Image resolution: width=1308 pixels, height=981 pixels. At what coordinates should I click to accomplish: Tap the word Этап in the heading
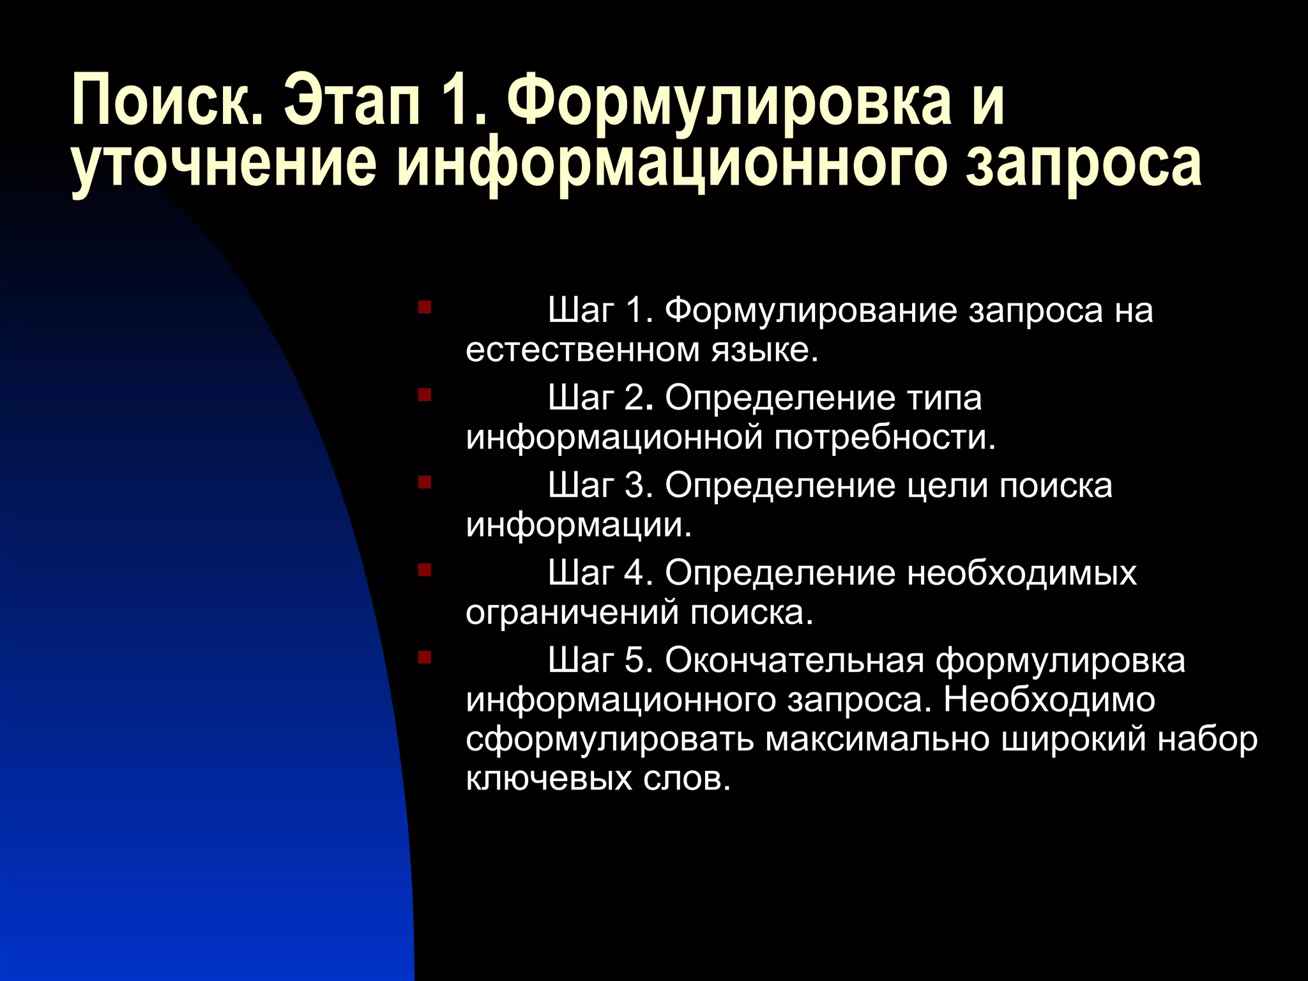coord(351,100)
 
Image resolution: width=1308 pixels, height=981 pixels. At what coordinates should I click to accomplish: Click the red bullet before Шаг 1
coord(424,308)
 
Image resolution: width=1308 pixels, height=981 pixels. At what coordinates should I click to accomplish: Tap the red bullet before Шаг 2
coord(424,395)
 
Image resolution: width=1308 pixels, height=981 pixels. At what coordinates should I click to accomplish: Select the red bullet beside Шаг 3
coord(424,482)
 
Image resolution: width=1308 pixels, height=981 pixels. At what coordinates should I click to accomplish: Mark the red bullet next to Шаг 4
coord(424,569)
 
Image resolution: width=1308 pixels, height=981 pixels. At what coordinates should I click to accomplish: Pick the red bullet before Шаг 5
coord(424,657)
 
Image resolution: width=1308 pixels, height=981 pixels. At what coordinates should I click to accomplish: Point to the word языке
coord(765,351)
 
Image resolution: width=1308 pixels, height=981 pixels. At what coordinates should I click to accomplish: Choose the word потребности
coord(885,438)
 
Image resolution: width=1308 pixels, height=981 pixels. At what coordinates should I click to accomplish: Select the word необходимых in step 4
coord(1022,573)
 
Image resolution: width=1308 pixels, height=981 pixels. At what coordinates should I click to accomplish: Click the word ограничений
coord(572,612)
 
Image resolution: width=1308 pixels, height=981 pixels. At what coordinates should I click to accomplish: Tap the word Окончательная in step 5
coord(795,660)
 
